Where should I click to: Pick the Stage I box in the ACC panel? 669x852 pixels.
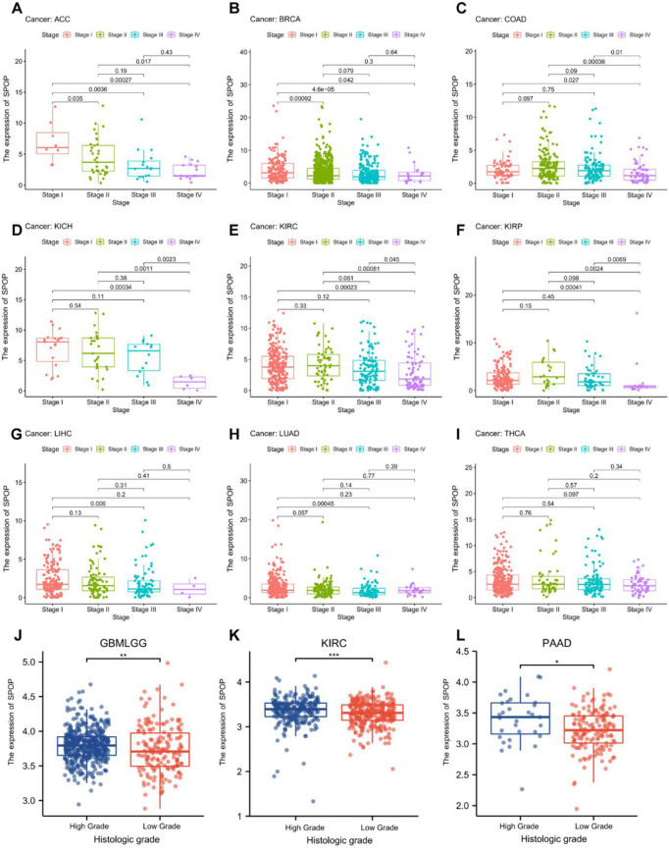[x=53, y=142]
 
